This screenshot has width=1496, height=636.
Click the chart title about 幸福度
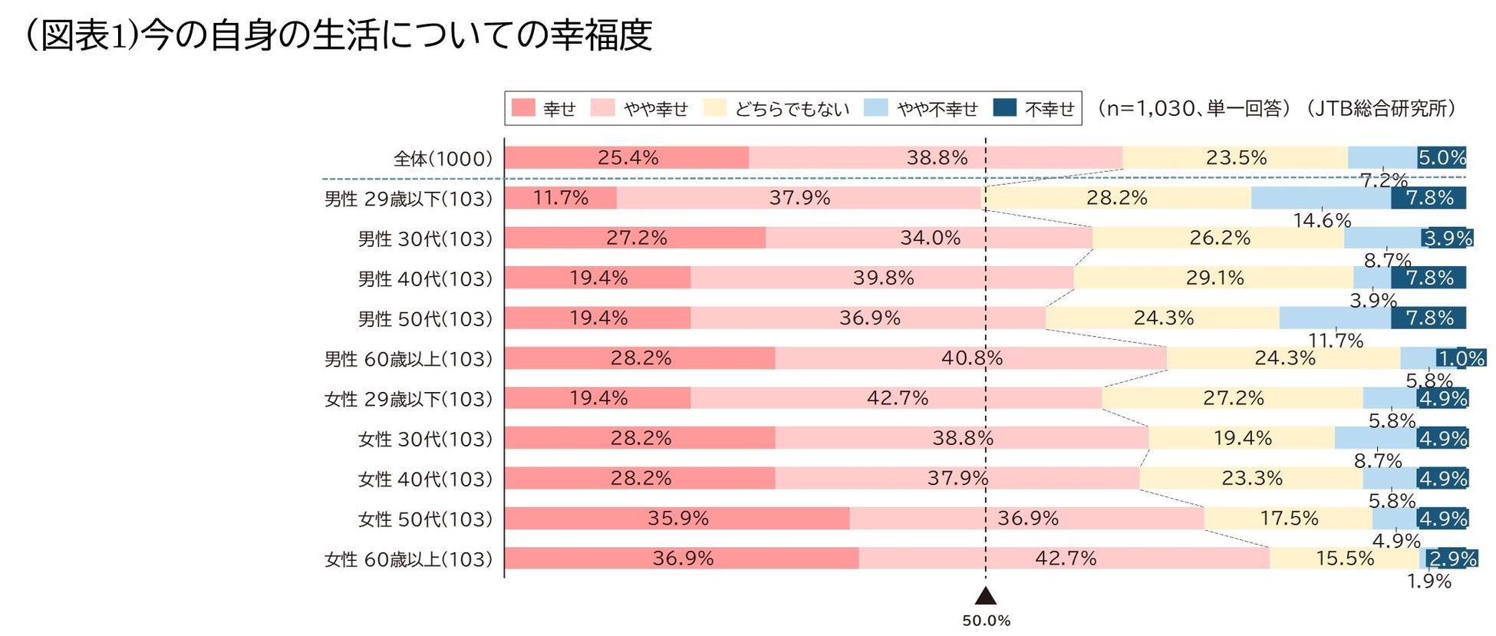338,35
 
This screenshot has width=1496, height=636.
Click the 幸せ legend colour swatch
523,108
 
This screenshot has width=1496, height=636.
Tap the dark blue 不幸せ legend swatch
1004,108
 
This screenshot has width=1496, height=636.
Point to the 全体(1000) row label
443,159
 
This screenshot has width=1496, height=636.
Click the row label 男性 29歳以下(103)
408,199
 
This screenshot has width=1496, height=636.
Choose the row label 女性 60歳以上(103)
408,559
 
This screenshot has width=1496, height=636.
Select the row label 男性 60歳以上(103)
408,359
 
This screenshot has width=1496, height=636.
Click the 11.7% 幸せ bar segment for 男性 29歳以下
560,198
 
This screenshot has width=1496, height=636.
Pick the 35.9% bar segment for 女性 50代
677,519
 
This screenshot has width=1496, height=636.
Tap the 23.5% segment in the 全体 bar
1235,158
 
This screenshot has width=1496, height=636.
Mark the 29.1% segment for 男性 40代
1214,278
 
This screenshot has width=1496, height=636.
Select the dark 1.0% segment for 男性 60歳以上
1461,358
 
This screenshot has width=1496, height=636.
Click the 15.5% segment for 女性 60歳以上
1344,559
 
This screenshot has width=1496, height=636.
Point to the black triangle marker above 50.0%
986,596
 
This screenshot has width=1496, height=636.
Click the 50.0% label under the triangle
986,621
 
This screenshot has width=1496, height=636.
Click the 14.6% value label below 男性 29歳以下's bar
1321,221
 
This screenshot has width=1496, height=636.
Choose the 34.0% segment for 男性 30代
929,238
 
